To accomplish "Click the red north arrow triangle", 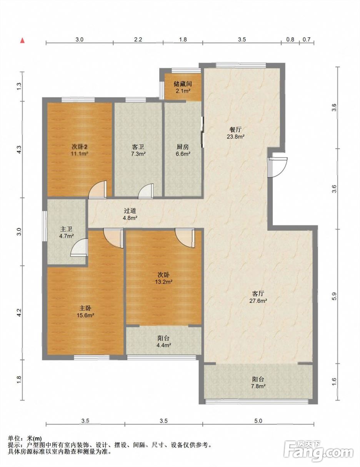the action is click(x=22, y=40).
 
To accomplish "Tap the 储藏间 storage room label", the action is click(x=183, y=83).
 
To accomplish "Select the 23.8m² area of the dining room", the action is click(x=236, y=136).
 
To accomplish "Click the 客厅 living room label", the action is click(x=258, y=294).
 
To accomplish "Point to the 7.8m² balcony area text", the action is click(x=258, y=386).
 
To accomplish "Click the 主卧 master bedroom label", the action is click(x=85, y=308).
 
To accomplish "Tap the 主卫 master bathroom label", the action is click(x=66, y=229).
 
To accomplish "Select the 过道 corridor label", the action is click(x=130, y=211).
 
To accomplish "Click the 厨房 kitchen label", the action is click(x=183, y=147).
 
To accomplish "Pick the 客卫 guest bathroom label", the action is click(x=138, y=147).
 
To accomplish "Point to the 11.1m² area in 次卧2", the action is click(x=80, y=153).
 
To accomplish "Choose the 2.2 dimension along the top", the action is click(x=138, y=39).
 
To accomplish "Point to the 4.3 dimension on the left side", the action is click(x=19, y=150).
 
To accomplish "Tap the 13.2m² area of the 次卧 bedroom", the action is click(x=164, y=282).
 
